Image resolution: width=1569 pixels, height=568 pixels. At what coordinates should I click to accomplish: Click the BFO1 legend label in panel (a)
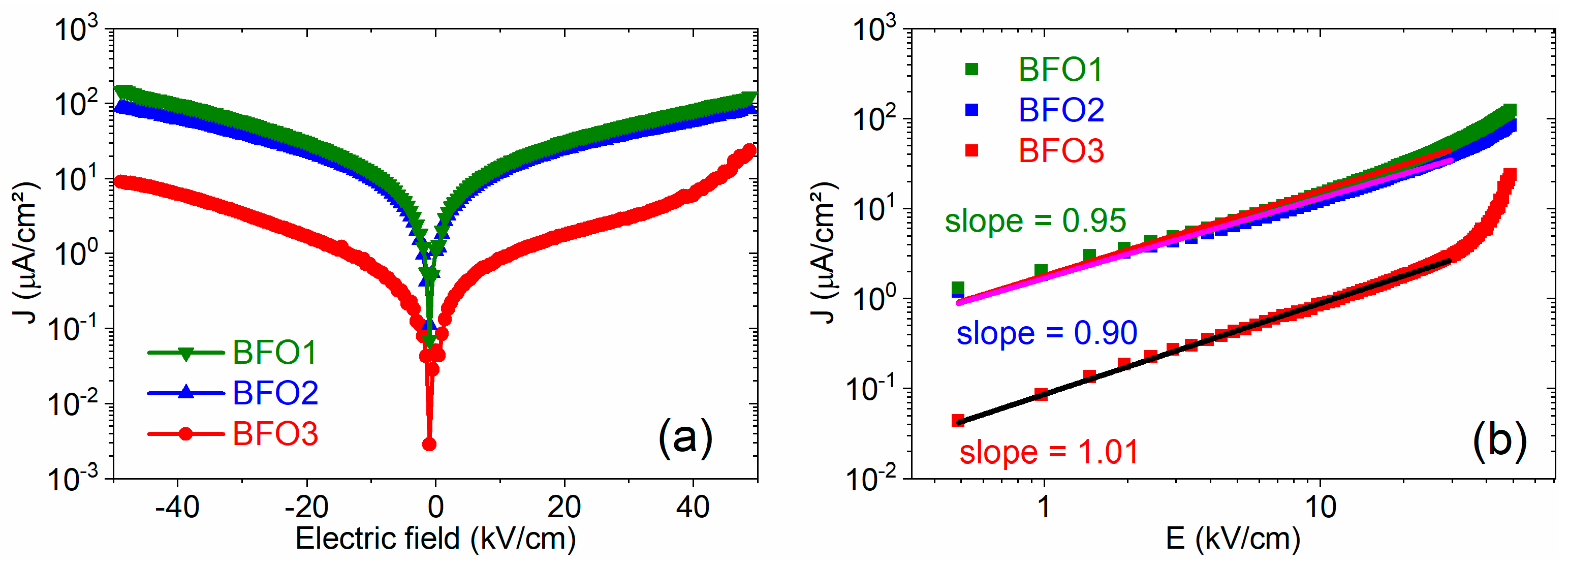pos(275,353)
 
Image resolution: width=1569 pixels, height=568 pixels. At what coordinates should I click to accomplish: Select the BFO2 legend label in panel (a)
pos(275,393)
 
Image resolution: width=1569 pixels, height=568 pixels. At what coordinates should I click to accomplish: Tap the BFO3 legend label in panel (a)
pos(275,434)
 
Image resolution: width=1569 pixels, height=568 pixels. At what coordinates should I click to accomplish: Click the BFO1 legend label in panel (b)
pos(1060,70)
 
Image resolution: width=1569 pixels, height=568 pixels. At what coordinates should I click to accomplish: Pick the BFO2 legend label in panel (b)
pos(1061,110)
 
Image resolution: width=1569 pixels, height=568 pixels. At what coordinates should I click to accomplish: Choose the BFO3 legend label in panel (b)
pos(1061,151)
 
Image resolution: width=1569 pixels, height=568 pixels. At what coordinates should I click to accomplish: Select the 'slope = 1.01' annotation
pos(1049,452)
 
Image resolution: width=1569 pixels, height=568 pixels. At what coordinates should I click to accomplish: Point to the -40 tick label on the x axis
pos(177,507)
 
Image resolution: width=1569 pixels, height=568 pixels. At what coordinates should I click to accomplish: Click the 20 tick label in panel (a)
pos(564,507)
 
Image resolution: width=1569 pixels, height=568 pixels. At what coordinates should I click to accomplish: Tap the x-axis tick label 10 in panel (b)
pos(1320,507)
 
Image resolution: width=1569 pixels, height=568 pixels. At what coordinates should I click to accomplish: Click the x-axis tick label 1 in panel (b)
pos(1044,507)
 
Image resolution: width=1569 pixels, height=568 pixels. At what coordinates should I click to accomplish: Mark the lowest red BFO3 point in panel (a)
pos(429,445)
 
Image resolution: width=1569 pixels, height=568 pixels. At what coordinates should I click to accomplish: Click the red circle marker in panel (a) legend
pos(186,434)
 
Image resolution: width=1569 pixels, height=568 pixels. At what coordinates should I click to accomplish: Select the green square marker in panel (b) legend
pos(971,70)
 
